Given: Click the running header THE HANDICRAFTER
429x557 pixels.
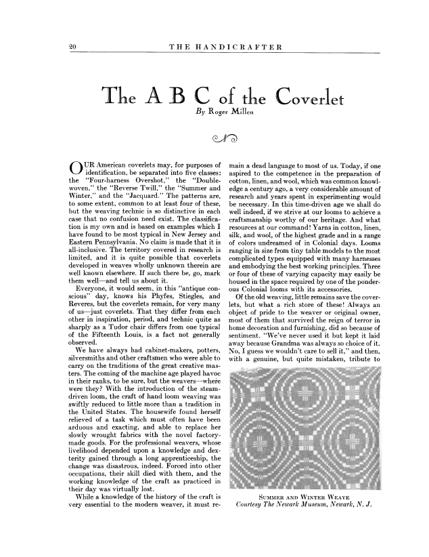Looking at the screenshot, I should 222,46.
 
